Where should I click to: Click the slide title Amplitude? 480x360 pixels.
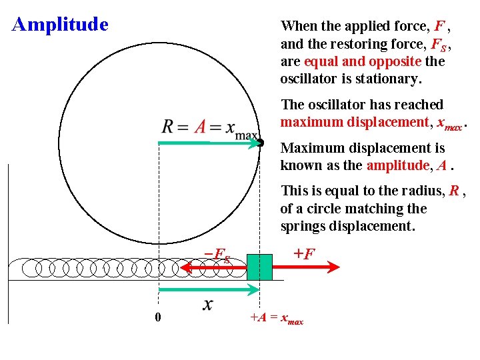pyautogui.click(x=60, y=25)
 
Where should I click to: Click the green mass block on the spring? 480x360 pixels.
pyautogui.click(x=259, y=267)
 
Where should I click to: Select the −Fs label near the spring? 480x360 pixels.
pyautogui.click(x=217, y=254)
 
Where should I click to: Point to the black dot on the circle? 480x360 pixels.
pyautogui.click(x=261, y=143)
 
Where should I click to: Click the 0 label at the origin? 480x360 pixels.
pyautogui.click(x=157, y=317)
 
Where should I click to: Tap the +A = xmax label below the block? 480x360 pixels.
pyautogui.click(x=276, y=319)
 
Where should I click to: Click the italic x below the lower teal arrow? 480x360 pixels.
pyautogui.click(x=208, y=305)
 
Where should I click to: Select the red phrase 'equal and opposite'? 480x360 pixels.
pyautogui.click(x=362, y=61)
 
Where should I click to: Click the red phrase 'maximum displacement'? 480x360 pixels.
pyautogui.click(x=355, y=122)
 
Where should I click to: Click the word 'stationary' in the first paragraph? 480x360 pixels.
pyautogui.click(x=388, y=79)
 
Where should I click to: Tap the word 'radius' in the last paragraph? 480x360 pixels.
pyautogui.click(x=425, y=191)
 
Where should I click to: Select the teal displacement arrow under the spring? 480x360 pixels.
pyautogui.click(x=209, y=289)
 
